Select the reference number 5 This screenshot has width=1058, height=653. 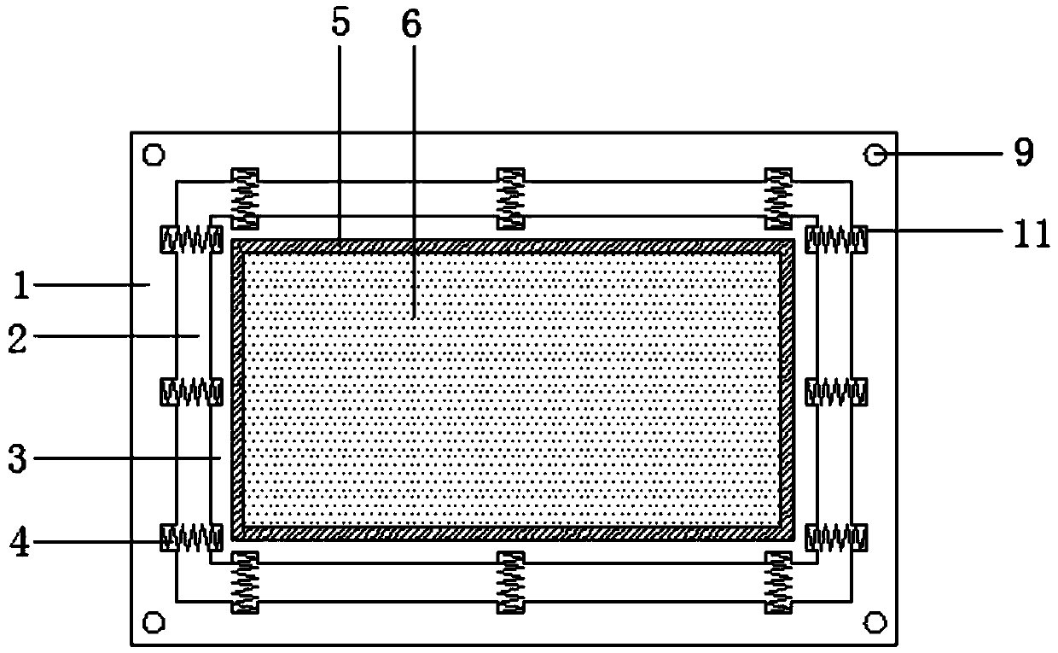click(340, 24)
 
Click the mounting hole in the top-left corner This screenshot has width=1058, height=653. click(154, 155)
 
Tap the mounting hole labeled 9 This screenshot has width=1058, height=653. click(875, 155)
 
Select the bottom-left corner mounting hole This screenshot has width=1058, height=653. click(154, 621)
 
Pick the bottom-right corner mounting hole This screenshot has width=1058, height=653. click(875, 621)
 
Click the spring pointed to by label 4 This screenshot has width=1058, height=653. click(192, 538)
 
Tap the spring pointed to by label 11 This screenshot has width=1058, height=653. click(837, 240)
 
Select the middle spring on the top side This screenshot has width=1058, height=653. click(511, 199)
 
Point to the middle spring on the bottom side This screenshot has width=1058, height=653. click(511, 583)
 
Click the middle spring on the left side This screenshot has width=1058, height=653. click(192, 392)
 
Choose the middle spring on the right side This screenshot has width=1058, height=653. click(837, 392)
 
